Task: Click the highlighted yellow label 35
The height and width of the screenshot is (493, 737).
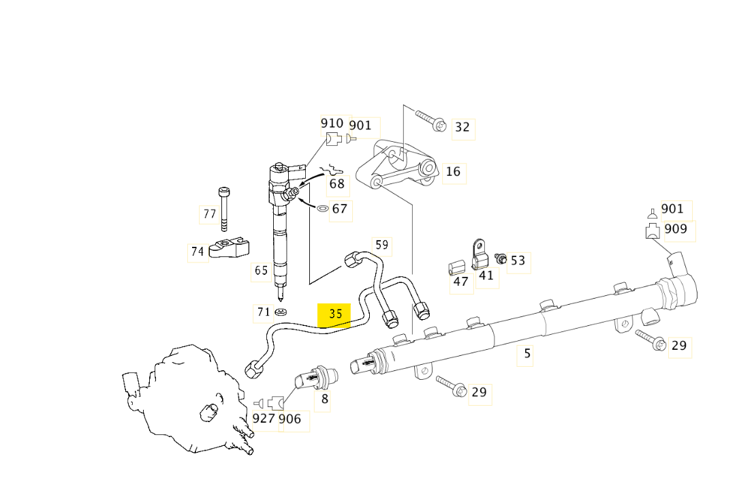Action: (x=334, y=314)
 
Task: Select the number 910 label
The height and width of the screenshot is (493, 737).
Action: (x=332, y=123)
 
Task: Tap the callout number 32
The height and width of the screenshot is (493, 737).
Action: (x=462, y=127)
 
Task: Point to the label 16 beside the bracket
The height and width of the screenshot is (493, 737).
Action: (x=453, y=172)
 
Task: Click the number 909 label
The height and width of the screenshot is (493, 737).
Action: (x=676, y=228)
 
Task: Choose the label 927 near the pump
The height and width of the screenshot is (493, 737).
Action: (x=264, y=418)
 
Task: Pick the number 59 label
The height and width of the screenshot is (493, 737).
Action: (x=381, y=245)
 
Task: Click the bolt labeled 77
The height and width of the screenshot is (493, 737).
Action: (x=224, y=209)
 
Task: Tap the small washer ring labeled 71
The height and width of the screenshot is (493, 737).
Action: (x=281, y=313)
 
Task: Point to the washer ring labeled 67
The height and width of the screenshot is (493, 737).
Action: (x=324, y=207)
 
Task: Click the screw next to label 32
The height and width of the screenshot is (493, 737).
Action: (x=430, y=120)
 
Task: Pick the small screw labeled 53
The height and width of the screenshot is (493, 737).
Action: (x=501, y=258)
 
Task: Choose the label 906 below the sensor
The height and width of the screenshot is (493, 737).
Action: (x=290, y=419)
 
